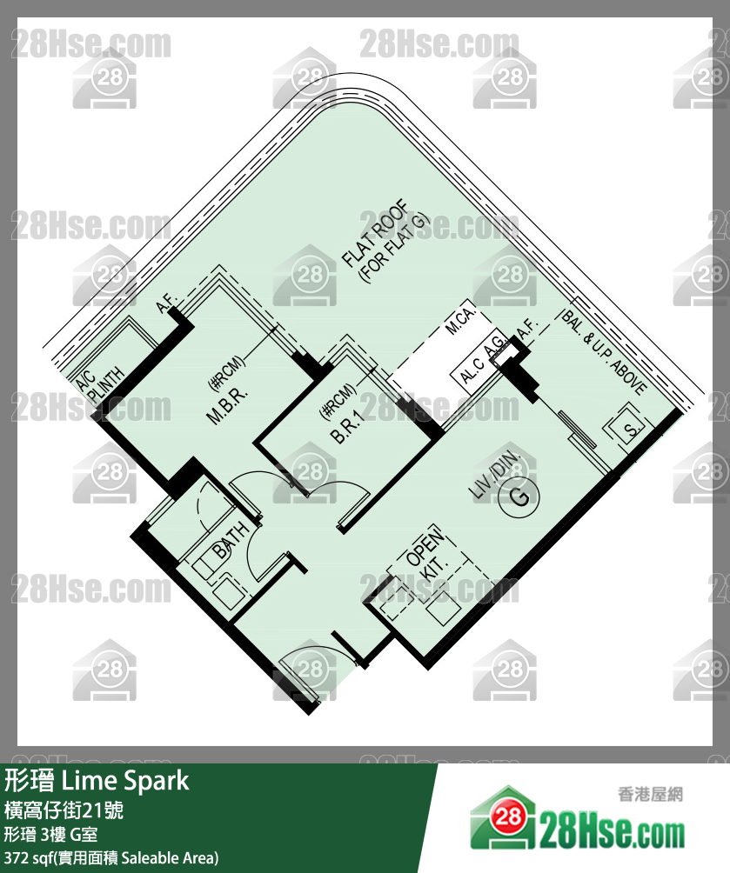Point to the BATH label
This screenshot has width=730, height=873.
coord(231,540)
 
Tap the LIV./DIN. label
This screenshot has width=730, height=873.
coord(494,474)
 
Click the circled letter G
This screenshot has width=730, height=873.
coord(519,496)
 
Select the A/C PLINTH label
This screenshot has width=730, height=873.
coord(100,384)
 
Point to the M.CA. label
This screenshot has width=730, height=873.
coord(460,318)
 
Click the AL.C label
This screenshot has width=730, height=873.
coord(472,370)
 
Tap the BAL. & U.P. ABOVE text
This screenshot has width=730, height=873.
coord(604,352)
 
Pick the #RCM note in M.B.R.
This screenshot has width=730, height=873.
coord(226,372)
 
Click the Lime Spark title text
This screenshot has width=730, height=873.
coord(124,781)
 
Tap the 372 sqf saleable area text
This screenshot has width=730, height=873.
coord(111,858)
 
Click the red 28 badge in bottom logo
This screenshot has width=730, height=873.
coord(509,816)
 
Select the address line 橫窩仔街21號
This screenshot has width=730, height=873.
coord(64,810)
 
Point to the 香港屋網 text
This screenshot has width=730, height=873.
coord(650,794)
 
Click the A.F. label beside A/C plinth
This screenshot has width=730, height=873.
coord(166,304)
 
